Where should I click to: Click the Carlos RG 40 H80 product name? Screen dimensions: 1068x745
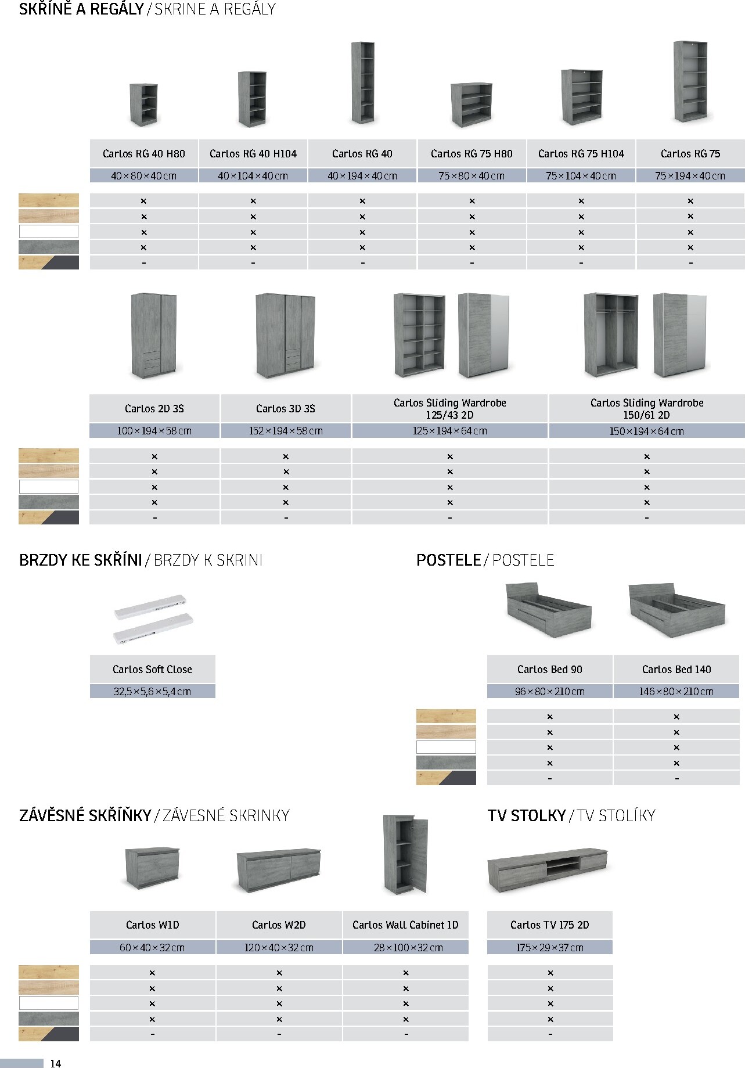click(144, 154)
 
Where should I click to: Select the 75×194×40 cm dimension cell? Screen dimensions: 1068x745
click(690, 176)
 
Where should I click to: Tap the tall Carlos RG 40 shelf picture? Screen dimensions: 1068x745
click(363, 82)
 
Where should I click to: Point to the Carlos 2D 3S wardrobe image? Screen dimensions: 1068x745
click(154, 336)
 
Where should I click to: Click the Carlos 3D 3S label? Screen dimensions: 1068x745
click(286, 409)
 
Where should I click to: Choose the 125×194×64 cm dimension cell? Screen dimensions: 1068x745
click(449, 431)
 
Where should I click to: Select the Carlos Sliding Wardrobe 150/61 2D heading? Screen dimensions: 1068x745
click(647, 409)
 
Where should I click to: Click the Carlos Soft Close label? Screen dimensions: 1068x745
click(152, 670)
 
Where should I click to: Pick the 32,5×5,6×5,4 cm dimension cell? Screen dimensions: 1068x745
click(152, 692)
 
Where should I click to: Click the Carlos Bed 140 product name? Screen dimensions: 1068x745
click(676, 670)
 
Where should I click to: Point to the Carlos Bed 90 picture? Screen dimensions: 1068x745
click(549, 610)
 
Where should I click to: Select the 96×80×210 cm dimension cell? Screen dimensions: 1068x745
click(550, 692)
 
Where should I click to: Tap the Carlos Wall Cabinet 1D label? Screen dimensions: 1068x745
click(405, 925)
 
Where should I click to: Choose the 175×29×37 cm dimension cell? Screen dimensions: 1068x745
click(550, 948)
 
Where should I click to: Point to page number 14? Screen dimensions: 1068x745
click(56, 1063)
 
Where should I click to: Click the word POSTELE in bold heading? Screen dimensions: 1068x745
click(448, 560)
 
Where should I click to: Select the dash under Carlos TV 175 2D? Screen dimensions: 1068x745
click(550, 1034)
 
